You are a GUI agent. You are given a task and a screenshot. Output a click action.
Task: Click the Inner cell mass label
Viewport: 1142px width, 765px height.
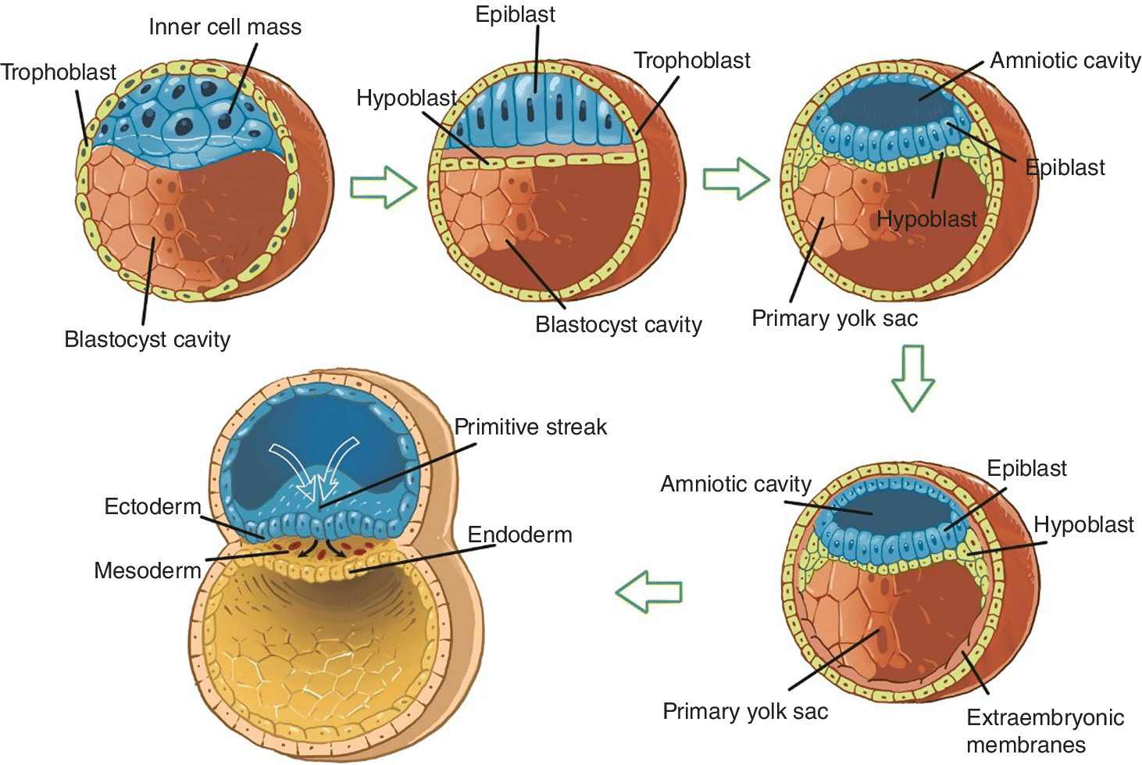point(225,27)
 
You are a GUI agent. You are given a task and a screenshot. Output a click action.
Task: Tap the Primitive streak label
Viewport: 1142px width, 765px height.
point(530,427)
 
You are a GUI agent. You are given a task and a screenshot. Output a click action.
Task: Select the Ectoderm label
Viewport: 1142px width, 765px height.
point(152,506)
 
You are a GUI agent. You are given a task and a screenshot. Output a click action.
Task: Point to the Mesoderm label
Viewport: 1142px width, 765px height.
point(148,570)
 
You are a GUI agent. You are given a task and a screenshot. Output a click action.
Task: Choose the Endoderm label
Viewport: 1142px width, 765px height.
point(519,534)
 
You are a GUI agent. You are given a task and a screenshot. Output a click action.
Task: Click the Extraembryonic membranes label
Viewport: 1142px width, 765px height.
point(1044,731)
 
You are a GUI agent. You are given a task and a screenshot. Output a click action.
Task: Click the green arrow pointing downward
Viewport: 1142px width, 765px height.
point(912,377)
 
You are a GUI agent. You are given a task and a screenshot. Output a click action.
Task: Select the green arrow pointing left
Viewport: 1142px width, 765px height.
point(649,590)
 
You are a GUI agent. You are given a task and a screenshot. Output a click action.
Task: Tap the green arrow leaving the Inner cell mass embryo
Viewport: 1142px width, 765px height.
point(383,187)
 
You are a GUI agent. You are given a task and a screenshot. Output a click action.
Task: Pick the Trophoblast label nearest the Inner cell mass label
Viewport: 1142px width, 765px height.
point(59,73)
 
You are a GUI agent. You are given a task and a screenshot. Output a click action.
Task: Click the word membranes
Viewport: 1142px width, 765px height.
point(1026,745)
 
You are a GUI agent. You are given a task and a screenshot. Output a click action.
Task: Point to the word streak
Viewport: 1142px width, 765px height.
point(569,427)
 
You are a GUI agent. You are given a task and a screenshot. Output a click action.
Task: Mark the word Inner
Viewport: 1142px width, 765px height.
point(175,27)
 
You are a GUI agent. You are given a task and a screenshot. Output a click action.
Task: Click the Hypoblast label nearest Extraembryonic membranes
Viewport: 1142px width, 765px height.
point(1083,524)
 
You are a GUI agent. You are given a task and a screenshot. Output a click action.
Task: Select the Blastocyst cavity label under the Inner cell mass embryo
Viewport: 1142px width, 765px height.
point(147,339)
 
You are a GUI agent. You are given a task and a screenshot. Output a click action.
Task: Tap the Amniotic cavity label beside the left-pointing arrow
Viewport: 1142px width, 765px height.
point(736,484)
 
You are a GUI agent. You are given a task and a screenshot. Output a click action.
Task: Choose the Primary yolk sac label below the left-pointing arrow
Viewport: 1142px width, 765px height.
point(745,711)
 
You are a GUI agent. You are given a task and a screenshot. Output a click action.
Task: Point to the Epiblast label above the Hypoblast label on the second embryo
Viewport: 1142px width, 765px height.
point(516,15)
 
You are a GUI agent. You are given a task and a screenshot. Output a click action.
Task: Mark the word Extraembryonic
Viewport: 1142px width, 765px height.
point(1044,717)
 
